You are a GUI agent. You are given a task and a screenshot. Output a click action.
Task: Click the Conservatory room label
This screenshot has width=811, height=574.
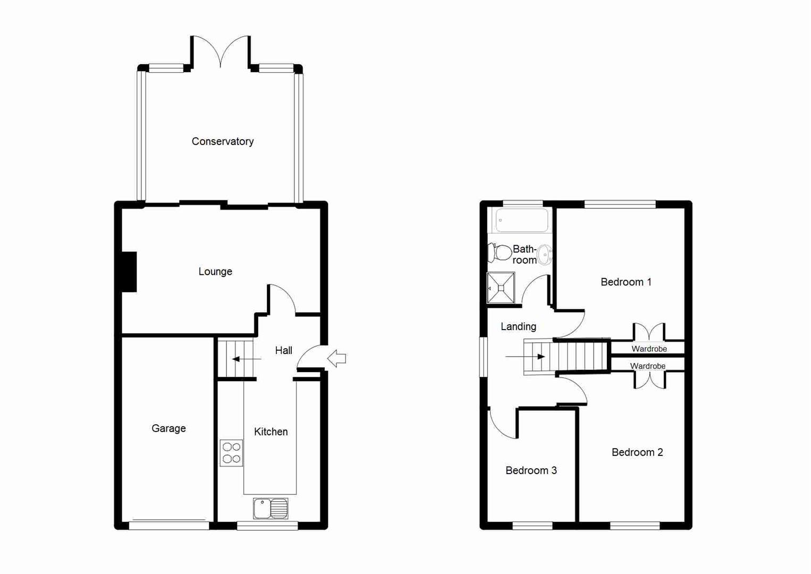222,141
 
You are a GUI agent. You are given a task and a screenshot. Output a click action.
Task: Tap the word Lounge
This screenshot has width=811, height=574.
215,272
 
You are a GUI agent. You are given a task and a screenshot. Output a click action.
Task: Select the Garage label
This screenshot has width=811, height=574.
168,428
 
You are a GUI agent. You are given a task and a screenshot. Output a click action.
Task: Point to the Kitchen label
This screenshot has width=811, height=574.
271,432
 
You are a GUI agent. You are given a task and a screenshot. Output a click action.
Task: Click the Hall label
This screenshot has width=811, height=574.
283,350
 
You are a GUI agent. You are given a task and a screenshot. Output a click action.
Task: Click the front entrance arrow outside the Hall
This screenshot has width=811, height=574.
336,359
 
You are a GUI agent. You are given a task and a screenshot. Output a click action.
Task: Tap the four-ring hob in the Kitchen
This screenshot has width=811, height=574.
232,453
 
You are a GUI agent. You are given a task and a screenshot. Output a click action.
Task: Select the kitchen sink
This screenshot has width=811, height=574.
271,509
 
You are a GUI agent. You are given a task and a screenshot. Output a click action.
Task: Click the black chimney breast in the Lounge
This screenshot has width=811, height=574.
129,272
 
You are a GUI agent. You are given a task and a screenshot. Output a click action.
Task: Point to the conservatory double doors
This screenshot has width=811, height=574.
220,51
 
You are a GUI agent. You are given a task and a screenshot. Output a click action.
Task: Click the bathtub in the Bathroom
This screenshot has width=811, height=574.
521,220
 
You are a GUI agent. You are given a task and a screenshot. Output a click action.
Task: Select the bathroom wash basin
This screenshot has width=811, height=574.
545,255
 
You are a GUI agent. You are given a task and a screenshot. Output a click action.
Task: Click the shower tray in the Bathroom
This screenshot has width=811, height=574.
501,288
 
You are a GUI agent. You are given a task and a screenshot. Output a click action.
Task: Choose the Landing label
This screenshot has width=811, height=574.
518,326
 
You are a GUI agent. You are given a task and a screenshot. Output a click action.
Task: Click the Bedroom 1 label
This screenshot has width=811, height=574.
626,282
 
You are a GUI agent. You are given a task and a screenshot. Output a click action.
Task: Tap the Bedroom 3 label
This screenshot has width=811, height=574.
531,470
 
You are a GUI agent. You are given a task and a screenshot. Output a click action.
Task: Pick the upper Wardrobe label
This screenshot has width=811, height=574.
649,349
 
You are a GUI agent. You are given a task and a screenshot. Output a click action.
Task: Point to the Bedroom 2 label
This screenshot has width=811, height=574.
637,452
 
